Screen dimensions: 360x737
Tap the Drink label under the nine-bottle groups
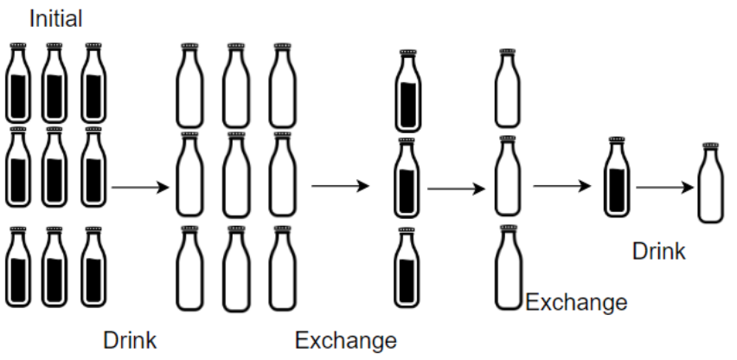coord(130,338)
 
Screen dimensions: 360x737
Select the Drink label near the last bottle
coord(659,252)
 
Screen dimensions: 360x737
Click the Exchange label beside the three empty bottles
coord(576,303)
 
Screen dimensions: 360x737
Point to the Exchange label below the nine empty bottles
coord(346,340)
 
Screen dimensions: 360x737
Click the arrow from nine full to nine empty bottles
coord(139,187)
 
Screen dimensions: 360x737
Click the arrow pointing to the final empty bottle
coord(665,186)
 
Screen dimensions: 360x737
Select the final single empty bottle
coord(711,183)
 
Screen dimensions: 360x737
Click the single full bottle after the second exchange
coord(616,177)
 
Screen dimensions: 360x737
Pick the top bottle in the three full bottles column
coord(410,91)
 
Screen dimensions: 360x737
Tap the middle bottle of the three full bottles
coord(410,177)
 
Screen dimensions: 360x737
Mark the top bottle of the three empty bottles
coord(508,88)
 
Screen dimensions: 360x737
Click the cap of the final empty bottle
coord(711,146)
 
